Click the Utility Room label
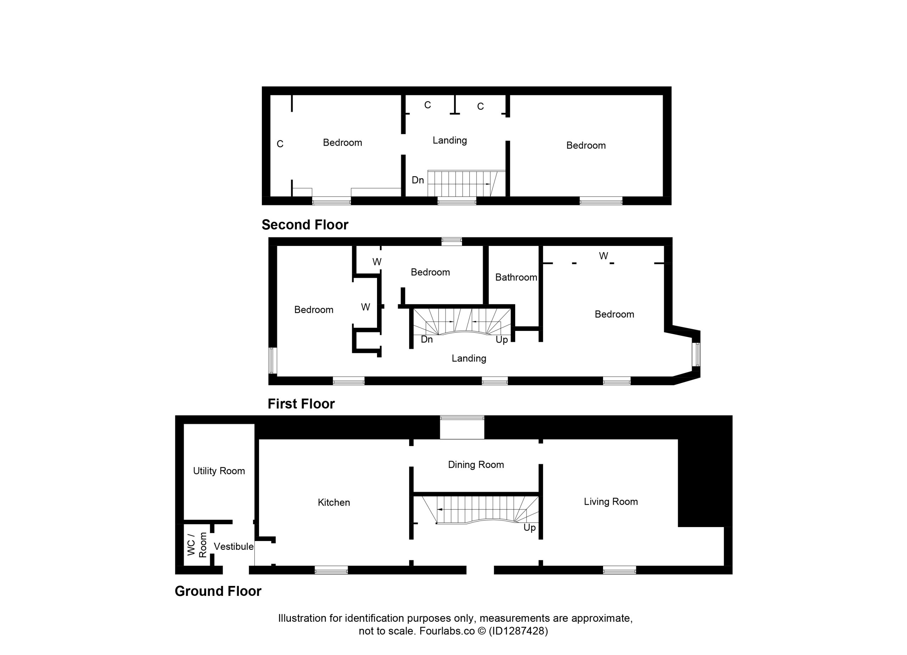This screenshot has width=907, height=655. pos(219,471)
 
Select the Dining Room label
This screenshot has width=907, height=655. pos(475,464)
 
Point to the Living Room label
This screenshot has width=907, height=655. pos(611,502)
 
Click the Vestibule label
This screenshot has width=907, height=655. pos(233,546)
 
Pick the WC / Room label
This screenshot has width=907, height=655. pos(197,544)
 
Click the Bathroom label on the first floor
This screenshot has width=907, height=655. pos(516,277)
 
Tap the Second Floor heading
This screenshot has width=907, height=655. pos(305,225)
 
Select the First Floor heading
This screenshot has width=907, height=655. pos(301,404)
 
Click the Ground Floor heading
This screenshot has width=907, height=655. pos(218,591)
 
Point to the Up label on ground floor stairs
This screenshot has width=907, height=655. pos(529,528)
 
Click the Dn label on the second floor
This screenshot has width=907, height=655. pos(418,180)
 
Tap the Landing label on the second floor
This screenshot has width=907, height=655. pos(450,140)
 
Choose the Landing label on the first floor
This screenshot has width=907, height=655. pos(469,358)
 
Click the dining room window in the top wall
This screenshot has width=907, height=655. pos(462,418)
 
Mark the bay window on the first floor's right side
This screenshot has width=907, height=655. pos(696,354)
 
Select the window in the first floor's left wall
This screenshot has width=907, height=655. pos(273,360)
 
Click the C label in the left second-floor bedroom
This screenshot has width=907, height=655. pos(280,144)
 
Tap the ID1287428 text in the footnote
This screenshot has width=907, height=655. pos(518,631)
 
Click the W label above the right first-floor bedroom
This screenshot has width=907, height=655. pos(603,255)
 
